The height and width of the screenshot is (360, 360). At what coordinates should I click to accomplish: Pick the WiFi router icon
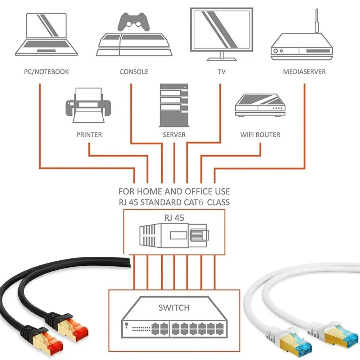(x=260, y=105)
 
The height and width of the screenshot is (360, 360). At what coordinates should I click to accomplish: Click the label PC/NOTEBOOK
(x=46, y=72)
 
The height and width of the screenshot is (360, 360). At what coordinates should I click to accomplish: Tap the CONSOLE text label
(x=134, y=72)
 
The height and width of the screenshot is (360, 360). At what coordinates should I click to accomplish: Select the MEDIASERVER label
(x=304, y=72)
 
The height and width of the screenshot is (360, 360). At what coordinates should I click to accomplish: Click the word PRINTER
(x=89, y=135)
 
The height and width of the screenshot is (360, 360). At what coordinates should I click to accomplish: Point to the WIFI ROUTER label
(x=260, y=135)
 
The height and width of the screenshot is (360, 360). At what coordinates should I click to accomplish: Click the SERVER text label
(x=174, y=135)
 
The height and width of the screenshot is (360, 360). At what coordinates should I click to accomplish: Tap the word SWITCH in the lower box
(x=174, y=308)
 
